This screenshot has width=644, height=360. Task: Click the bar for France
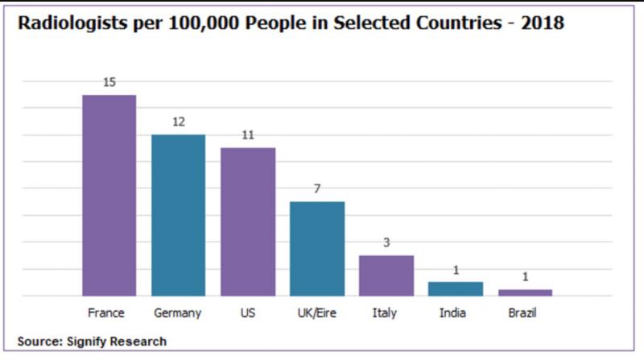109,195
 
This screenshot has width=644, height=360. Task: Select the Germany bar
179,215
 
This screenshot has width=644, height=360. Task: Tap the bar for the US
248,221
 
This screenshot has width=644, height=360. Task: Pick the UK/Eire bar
317,248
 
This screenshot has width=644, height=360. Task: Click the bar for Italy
386,275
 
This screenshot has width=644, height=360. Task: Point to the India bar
456,288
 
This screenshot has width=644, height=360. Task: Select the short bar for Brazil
525,292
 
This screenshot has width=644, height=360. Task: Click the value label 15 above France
109,82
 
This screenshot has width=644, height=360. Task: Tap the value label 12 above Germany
179,122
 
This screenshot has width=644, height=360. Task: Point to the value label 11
248,135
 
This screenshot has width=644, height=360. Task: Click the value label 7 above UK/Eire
317,189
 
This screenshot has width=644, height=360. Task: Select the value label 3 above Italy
386,242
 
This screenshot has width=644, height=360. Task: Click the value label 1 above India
456,270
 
